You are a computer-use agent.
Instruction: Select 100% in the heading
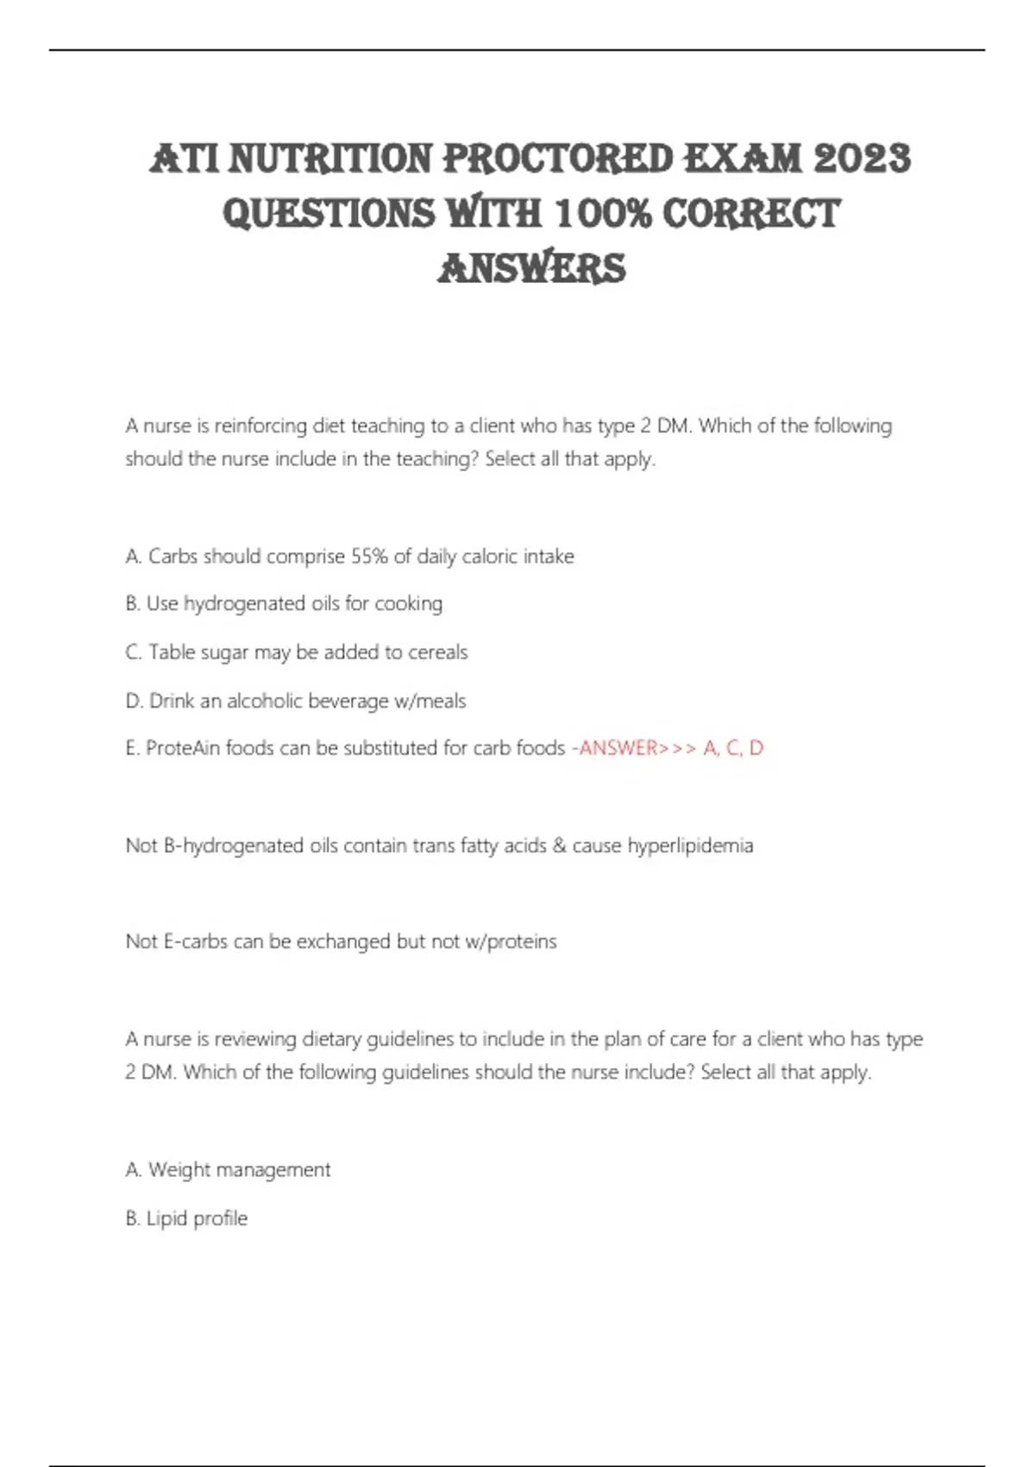point(604,213)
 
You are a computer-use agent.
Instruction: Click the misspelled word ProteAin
point(183,748)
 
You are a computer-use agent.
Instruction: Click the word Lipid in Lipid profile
point(166,1218)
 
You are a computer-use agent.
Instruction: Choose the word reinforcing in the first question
point(260,426)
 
